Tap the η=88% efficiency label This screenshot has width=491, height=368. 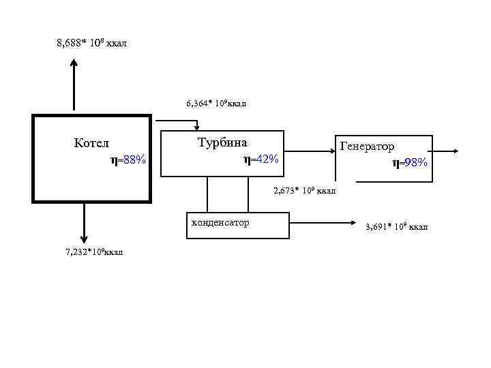(x=128, y=160)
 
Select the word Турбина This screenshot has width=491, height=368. (x=222, y=143)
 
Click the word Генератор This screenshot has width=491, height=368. (x=366, y=147)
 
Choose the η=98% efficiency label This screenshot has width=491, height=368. (x=410, y=162)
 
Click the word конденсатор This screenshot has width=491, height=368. (x=220, y=222)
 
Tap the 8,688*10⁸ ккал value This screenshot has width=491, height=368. (x=91, y=44)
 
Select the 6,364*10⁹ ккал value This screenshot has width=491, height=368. (x=216, y=104)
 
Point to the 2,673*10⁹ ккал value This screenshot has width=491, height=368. (x=304, y=190)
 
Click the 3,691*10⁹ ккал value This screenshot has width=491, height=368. (x=396, y=226)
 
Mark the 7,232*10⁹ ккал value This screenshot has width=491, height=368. (x=94, y=252)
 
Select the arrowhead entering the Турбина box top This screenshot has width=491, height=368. (x=197, y=127)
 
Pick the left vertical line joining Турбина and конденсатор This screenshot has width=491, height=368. (x=207, y=195)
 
